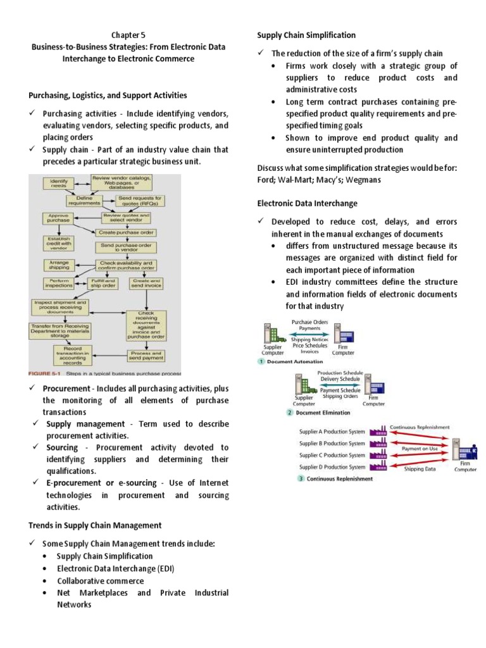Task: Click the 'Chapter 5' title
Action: pos(129,35)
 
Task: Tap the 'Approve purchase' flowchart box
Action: pos(59,219)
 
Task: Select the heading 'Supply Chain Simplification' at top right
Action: pos(306,35)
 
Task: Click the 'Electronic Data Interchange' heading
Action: pos(307,203)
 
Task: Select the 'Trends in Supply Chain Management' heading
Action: pos(95,525)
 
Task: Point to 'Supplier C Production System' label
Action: pos(332,454)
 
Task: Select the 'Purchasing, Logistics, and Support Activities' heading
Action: pos(108,95)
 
